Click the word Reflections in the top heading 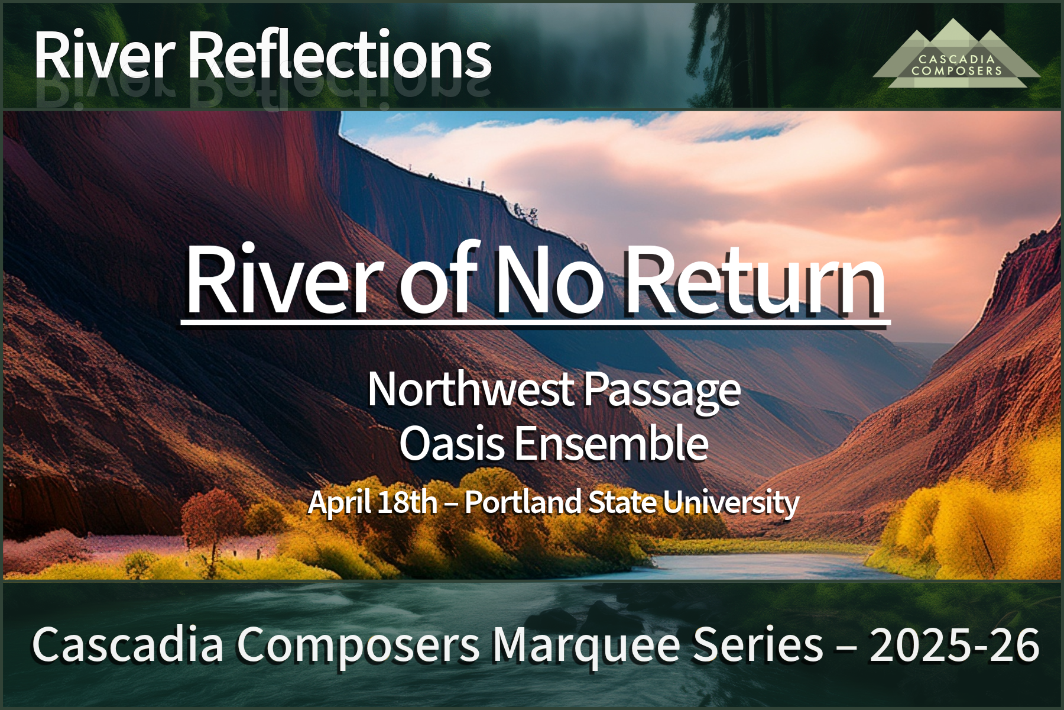(x=339, y=54)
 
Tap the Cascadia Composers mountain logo (x=956, y=54)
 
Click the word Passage (x=662, y=392)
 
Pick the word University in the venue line (x=731, y=504)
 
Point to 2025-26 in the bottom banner (x=954, y=645)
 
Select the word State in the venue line (x=621, y=502)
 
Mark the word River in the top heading (x=105, y=54)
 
